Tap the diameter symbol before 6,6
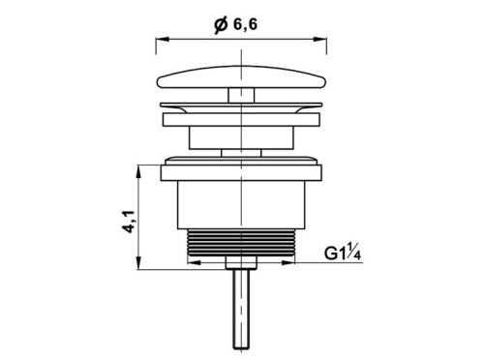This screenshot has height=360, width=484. pos(221,26)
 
